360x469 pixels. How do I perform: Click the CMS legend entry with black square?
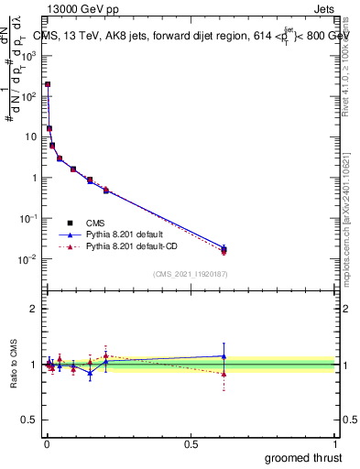[93, 222]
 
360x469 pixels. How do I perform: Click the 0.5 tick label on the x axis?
[191, 442]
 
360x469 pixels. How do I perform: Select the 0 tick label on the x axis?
[46, 442]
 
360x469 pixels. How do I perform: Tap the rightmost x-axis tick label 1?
[336, 442]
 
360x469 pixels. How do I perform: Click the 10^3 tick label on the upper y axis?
[29, 55]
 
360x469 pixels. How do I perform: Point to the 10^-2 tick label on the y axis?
[29, 259]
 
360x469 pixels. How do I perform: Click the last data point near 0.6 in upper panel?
[224, 249]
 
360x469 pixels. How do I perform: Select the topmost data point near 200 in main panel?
[48, 84]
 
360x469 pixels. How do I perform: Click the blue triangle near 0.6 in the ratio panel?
[224, 356]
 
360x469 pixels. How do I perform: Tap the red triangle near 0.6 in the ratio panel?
[224, 374]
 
